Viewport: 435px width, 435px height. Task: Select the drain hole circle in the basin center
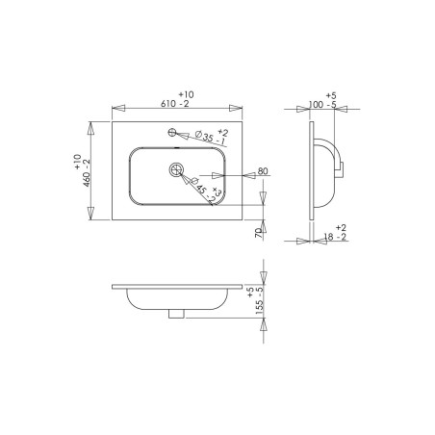175,169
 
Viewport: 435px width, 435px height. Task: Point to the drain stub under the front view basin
175,312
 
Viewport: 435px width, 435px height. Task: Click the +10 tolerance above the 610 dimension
186,94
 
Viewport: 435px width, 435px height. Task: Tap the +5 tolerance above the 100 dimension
331,96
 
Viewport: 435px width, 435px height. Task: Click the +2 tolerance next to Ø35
222,130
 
